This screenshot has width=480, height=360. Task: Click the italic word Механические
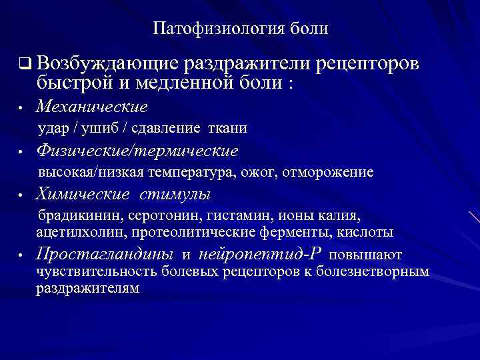pyautogui.click(x=92, y=107)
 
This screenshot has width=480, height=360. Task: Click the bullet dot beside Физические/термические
pyautogui.click(x=22, y=152)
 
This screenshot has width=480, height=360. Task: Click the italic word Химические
pyautogui.click(x=83, y=195)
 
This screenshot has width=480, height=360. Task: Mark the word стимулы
pyautogui.click(x=175, y=195)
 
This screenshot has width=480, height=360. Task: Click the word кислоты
pyautogui.click(x=369, y=232)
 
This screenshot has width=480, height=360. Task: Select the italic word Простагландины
pyautogui.click(x=105, y=254)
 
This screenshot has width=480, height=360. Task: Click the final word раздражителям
pyautogui.click(x=88, y=288)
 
